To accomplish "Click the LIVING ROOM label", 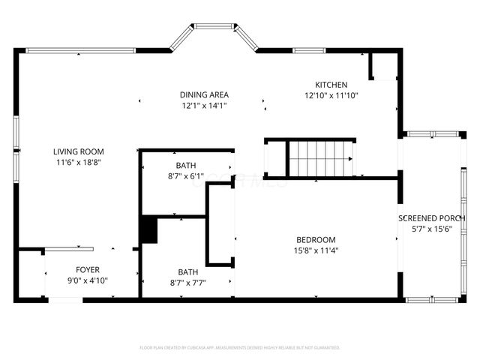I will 78,151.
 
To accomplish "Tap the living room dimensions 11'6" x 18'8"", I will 78,161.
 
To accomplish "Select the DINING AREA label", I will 204,94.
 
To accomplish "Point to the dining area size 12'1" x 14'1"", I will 204,106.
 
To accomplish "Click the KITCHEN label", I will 331,85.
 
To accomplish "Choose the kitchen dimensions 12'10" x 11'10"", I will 331,96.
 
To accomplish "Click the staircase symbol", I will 319,157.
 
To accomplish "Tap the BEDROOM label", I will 315,240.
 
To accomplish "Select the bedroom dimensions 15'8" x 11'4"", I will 315,250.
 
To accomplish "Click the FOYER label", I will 88,270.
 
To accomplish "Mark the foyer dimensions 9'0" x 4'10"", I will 88,280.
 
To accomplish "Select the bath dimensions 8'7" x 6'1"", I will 187,176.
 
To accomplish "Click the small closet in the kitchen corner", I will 382,67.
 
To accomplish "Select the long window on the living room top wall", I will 80,51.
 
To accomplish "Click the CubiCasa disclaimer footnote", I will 240,348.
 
